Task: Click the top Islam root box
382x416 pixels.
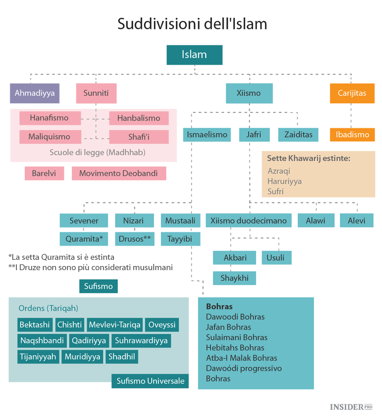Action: click(x=194, y=55)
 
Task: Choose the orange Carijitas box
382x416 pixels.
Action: click(x=351, y=94)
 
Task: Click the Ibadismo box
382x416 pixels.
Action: click(x=351, y=135)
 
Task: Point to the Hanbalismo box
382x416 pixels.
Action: click(x=139, y=118)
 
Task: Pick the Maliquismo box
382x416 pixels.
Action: click(x=51, y=137)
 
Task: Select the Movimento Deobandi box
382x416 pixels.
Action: click(x=119, y=173)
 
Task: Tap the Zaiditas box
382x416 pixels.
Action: click(x=298, y=135)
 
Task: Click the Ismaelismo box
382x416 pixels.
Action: click(x=207, y=135)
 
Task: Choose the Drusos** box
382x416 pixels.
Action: click(x=134, y=239)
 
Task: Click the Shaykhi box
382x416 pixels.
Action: click(x=234, y=278)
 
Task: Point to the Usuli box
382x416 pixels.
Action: click(x=276, y=258)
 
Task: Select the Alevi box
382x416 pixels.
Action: click(x=357, y=221)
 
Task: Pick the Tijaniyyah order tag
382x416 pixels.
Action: click(x=38, y=356)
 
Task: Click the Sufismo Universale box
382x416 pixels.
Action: click(x=150, y=381)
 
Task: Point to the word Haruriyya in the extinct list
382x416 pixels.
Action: click(x=284, y=181)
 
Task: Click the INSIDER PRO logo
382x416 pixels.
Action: click(x=351, y=407)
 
